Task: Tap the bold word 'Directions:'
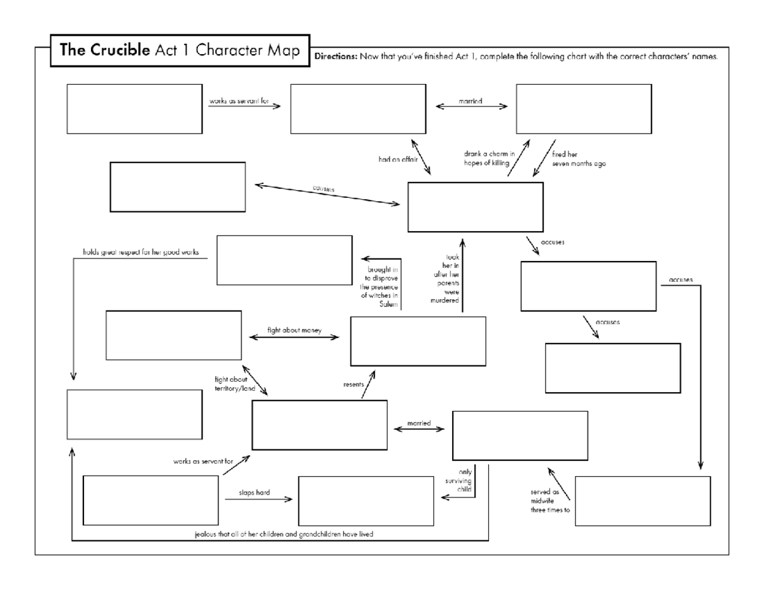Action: coord(336,57)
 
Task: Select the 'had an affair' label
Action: coord(397,160)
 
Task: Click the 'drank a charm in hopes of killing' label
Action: coord(489,158)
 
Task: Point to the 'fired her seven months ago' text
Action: coord(578,159)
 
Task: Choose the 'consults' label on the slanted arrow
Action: coord(323,189)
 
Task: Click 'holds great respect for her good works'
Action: coord(141,252)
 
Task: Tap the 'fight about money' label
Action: coord(294,330)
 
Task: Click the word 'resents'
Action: coord(353,384)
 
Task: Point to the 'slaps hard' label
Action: coord(254,492)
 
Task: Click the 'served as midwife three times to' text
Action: coord(546,501)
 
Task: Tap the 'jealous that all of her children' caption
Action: coord(283,534)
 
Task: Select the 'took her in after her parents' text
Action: coord(446,279)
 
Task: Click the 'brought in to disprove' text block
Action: coord(380,287)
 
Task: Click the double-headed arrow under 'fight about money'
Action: coord(294,338)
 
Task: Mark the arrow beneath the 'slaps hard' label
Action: coord(258,500)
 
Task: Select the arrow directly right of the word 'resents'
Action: coord(368,386)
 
